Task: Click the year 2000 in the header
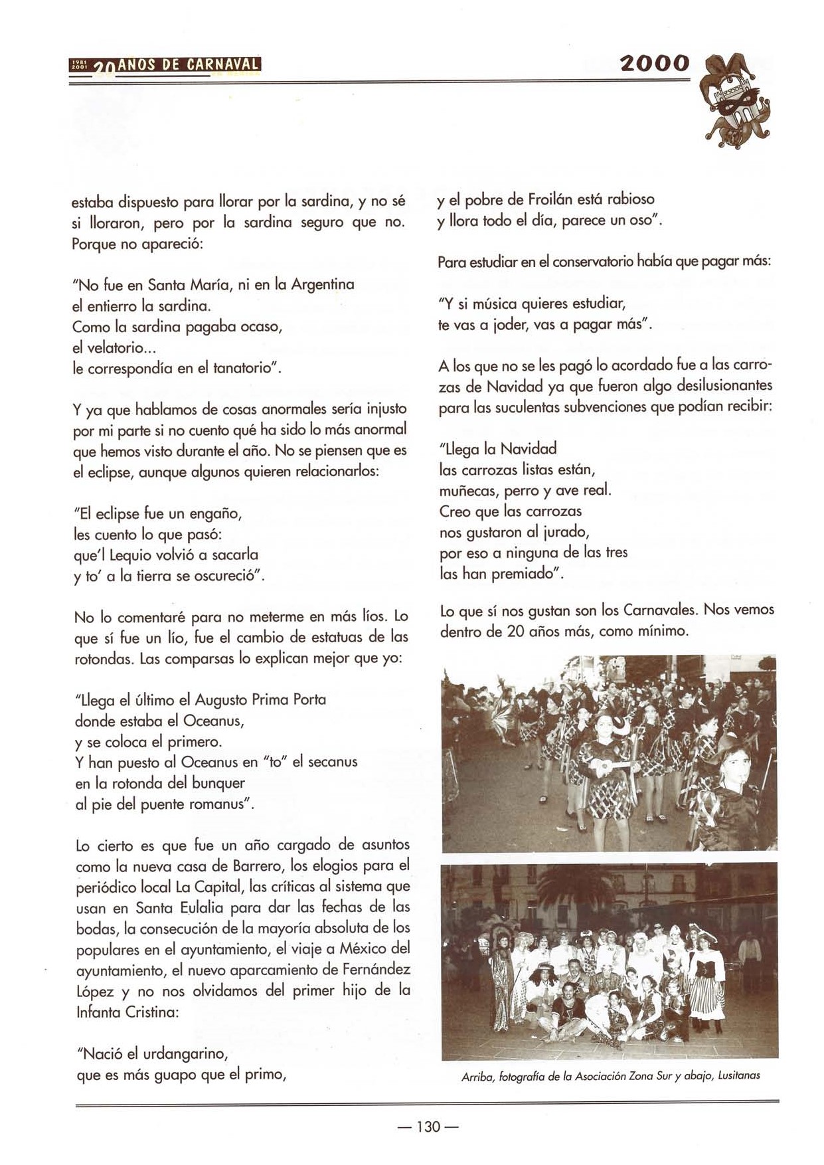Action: (655, 64)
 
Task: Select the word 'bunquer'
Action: (218, 783)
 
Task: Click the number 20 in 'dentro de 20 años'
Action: (516, 631)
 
